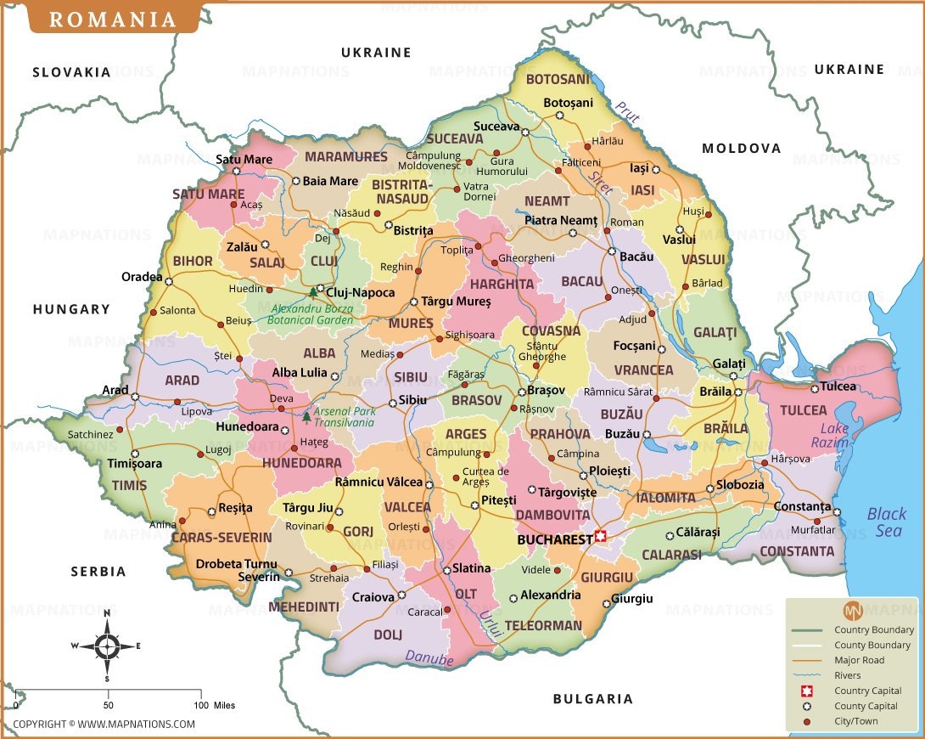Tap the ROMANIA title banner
click(x=113, y=20)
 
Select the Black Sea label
click(x=886, y=522)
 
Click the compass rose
click(x=107, y=646)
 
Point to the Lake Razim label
click(x=829, y=436)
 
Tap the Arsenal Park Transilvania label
click(x=345, y=416)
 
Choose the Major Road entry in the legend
click(x=859, y=660)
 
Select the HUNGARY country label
click(x=71, y=309)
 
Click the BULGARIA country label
click(x=592, y=699)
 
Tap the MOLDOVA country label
click(x=741, y=148)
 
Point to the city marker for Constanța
click(x=837, y=512)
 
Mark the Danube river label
click(x=429, y=657)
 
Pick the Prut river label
click(x=628, y=112)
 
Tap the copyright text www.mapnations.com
click(x=104, y=724)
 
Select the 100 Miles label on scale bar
click(x=213, y=705)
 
